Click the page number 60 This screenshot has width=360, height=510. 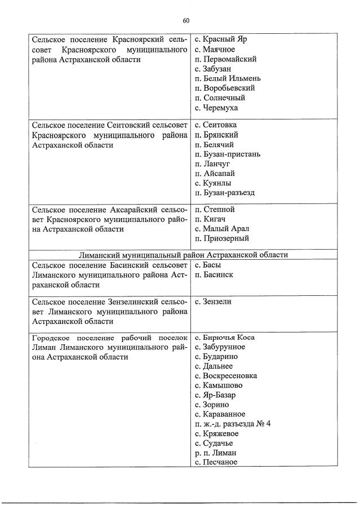[185, 21]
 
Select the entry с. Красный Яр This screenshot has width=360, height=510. [220, 39]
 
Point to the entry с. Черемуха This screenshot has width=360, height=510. [216, 107]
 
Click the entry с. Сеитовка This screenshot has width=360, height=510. [216, 125]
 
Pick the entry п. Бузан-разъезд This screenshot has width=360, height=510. [224, 192]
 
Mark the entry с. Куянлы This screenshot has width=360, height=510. [212, 183]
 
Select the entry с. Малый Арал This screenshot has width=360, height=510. [221, 229]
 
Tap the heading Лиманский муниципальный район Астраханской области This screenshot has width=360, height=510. [184, 255]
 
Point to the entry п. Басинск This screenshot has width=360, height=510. [214, 274]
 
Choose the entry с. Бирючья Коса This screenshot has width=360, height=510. [224, 338]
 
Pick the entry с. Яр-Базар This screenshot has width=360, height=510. [215, 395]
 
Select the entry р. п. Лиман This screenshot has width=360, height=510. [215, 453]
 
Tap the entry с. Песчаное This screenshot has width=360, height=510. [216, 462]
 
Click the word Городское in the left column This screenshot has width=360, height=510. [51, 338]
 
